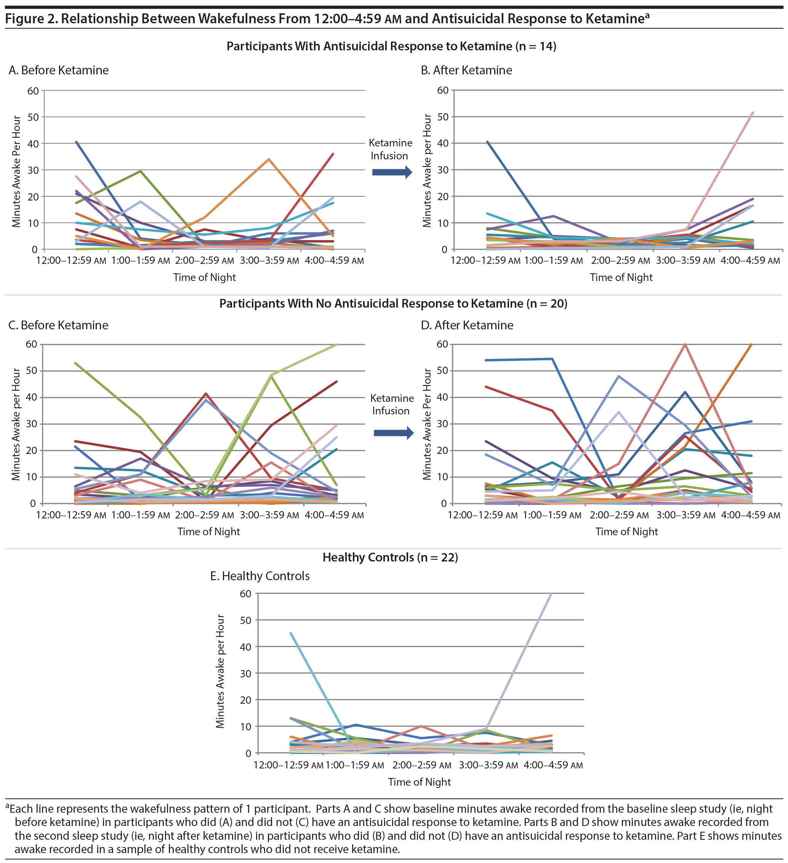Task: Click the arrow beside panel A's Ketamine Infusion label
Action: [x=392, y=173]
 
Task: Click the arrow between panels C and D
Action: [x=393, y=433]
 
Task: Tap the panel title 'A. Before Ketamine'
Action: [x=59, y=70]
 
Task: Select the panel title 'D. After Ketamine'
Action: [x=467, y=325]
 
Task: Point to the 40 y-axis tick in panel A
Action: [x=34, y=144]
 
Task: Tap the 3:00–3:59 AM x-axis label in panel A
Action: [x=269, y=261]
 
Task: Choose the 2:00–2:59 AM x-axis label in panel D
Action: [x=619, y=515]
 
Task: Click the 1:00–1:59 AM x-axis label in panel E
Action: [x=355, y=765]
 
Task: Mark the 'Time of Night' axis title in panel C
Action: [x=208, y=532]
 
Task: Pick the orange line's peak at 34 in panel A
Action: [x=268, y=159]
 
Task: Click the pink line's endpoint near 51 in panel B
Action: [x=753, y=113]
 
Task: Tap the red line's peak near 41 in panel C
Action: [x=206, y=393]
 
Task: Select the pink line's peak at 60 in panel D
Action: [x=685, y=345]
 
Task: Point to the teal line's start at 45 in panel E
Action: [x=291, y=633]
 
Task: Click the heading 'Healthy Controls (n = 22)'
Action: [x=390, y=557]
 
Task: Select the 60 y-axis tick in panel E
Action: [x=246, y=594]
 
